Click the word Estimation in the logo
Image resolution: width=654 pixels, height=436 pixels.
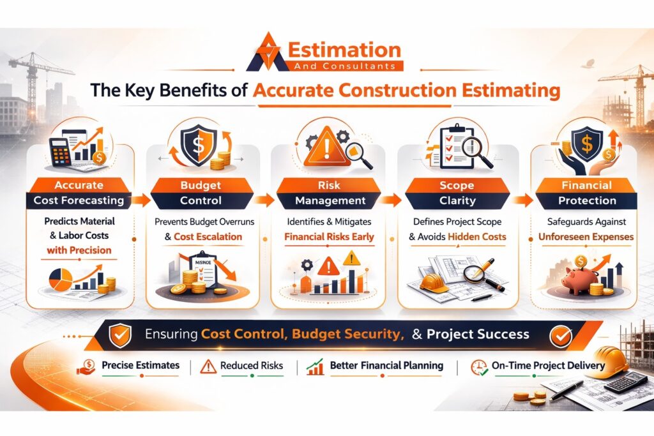(x=344, y=50)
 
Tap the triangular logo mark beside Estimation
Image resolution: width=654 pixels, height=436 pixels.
(x=268, y=52)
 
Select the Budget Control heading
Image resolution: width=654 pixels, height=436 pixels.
(x=201, y=193)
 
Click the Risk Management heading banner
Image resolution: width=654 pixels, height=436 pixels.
(x=330, y=193)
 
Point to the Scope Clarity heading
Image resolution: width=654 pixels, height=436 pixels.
(x=457, y=193)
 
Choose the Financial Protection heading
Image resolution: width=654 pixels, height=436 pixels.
(x=586, y=193)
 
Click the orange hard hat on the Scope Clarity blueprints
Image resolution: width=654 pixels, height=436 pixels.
(x=434, y=282)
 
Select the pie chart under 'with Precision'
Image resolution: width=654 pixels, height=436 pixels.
(x=61, y=279)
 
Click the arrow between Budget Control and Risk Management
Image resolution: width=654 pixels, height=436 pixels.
(x=263, y=200)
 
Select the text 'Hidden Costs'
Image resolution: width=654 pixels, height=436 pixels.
(x=476, y=237)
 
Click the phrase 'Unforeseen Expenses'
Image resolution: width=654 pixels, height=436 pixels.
(x=586, y=237)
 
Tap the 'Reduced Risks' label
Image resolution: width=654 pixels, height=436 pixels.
(x=252, y=366)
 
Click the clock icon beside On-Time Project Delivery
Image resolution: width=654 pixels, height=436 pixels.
(x=479, y=368)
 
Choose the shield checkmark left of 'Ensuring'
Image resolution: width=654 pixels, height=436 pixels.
(x=120, y=336)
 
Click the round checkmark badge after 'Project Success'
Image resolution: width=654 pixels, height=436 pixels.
(x=561, y=336)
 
